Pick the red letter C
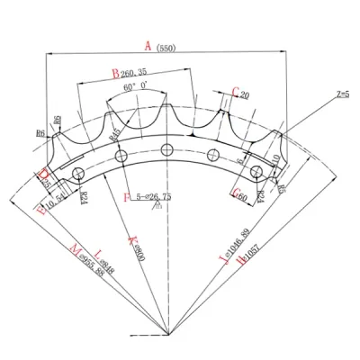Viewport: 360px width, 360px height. pos(235,92)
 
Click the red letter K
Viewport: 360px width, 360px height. pos(132,240)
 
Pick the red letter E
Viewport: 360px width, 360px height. pos(40,209)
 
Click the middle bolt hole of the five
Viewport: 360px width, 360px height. pos(166,148)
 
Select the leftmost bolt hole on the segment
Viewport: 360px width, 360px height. pos(79,172)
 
